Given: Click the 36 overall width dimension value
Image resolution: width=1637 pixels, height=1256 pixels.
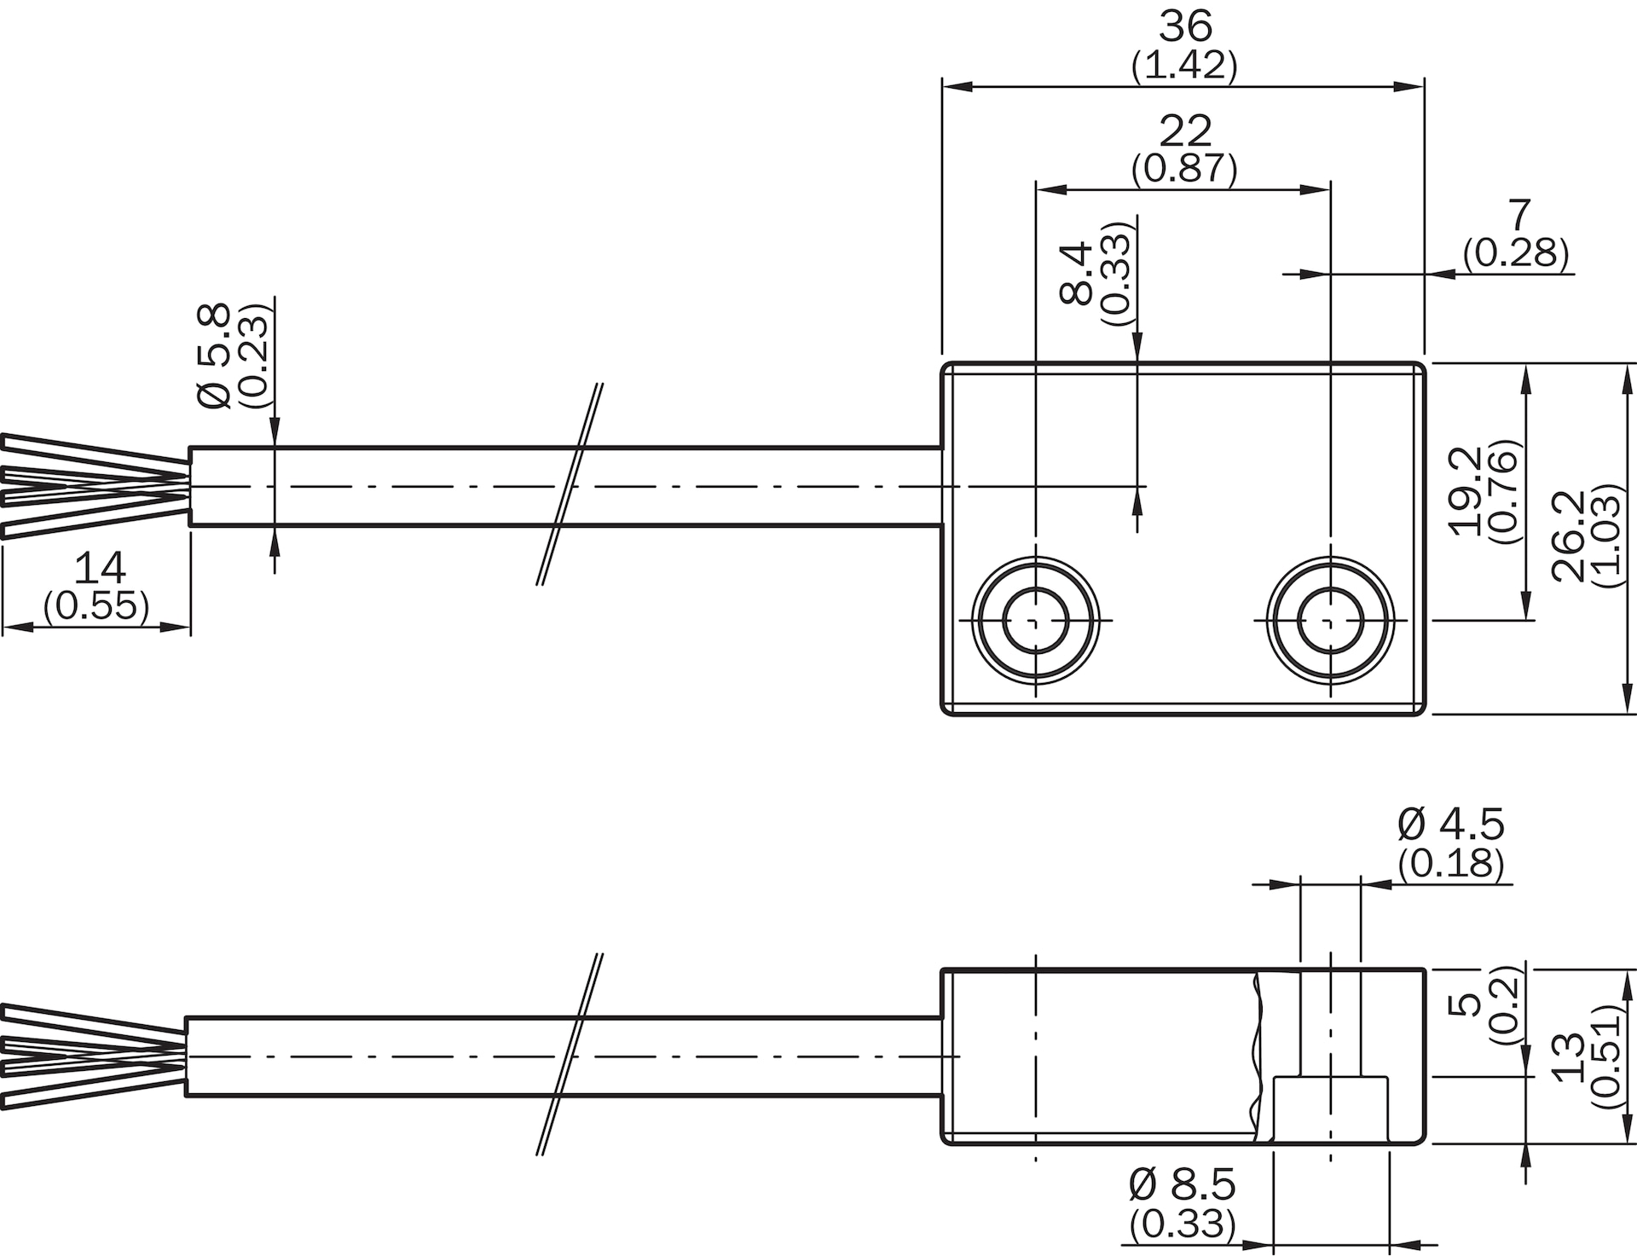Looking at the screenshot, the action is [1184, 27].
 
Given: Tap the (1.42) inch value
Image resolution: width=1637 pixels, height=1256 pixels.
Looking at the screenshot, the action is [1184, 66].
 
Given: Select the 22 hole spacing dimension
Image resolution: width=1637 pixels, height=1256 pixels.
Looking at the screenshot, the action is [1184, 131].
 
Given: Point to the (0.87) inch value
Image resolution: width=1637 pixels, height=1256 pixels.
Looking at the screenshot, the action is [1184, 169].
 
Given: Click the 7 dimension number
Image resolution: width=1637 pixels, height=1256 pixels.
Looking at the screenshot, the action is [1519, 216].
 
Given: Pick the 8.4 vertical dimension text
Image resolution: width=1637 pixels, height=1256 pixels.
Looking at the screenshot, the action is [1077, 273].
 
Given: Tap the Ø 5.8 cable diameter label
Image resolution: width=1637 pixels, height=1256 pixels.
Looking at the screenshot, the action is [214, 356].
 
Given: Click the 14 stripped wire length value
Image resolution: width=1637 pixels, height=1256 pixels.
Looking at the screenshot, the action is [100, 568].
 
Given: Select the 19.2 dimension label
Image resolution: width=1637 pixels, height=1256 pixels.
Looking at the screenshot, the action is [1466, 489].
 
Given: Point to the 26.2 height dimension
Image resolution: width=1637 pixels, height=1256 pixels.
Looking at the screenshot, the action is [1568, 535].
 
